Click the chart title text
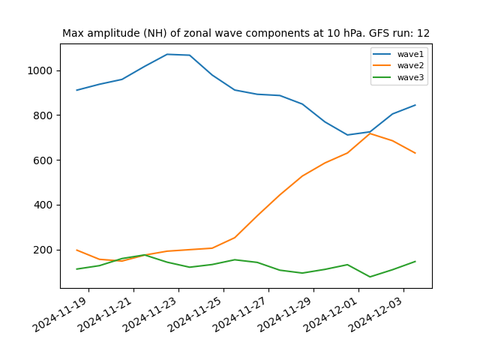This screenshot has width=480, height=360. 246,33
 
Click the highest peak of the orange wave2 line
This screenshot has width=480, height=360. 370,133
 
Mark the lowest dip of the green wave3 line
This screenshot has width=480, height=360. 370,277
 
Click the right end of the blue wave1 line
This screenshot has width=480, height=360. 415,105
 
